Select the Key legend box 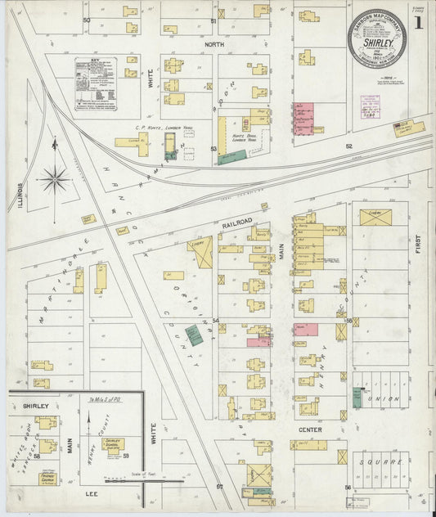pyautogui.click(x=96, y=84)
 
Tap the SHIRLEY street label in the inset pyautogui.click(x=36, y=405)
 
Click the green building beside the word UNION pyautogui.click(x=357, y=398)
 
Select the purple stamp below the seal pyautogui.click(x=375, y=107)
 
